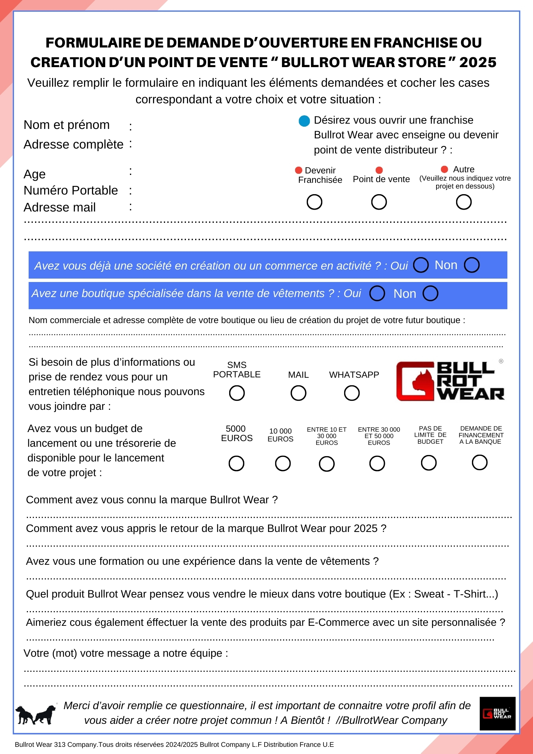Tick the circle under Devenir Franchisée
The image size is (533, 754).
[x=314, y=202]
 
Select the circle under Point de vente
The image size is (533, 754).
[x=379, y=202]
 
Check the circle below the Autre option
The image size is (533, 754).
[x=464, y=202]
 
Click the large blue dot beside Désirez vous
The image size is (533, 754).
[x=304, y=121]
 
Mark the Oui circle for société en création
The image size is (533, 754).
[x=421, y=265]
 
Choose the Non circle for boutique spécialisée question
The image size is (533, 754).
[x=430, y=293]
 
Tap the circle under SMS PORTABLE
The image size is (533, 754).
[x=237, y=393]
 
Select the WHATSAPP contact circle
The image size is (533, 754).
[x=352, y=393]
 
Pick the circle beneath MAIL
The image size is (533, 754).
[x=298, y=393]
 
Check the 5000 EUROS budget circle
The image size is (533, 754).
[x=236, y=463]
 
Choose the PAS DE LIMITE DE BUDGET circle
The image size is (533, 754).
[x=429, y=463]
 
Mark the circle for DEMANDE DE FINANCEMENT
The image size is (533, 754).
[x=479, y=462]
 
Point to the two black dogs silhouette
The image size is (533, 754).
[x=35, y=714]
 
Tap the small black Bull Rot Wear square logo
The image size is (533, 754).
[x=497, y=713]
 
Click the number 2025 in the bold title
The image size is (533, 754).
[x=478, y=62]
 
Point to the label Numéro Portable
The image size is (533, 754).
[x=71, y=190]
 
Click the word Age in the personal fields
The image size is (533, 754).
[x=35, y=174]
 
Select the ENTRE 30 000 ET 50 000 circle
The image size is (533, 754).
[x=377, y=463]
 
